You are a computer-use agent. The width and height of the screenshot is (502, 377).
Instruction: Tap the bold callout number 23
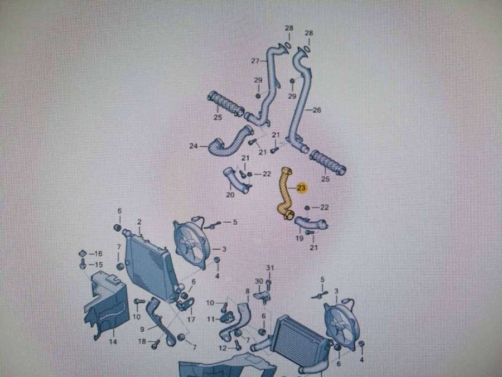(x=301, y=188)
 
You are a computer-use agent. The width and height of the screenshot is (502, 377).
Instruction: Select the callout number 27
(x=255, y=61)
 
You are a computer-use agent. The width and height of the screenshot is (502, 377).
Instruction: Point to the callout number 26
(x=316, y=110)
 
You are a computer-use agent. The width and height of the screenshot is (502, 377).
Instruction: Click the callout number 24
(x=194, y=147)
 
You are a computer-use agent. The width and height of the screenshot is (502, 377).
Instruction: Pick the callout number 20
(x=230, y=195)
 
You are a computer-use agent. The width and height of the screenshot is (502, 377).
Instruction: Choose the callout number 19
(x=300, y=238)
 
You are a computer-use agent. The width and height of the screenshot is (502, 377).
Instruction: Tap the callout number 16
(x=99, y=253)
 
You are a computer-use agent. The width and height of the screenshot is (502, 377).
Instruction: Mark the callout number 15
(x=99, y=264)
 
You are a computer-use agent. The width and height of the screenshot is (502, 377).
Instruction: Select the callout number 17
(x=191, y=320)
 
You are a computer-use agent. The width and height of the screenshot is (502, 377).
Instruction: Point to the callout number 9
(x=142, y=329)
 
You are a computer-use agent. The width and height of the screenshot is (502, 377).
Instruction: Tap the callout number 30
(x=258, y=281)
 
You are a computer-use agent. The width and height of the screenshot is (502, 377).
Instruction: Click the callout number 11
(x=211, y=319)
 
